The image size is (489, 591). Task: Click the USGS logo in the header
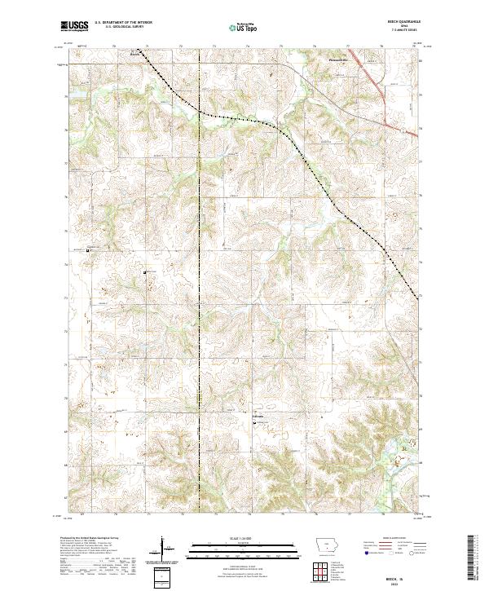tap(74, 26)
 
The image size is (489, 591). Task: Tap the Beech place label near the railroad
tap(135, 55)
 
